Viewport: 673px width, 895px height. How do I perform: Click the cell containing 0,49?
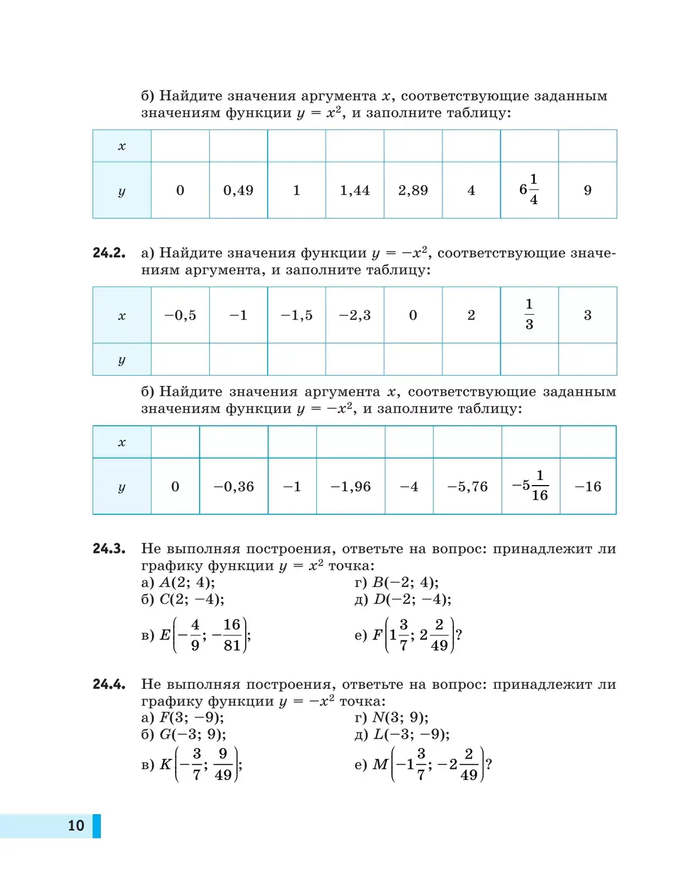tap(238, 191)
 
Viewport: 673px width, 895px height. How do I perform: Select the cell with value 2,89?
tap(413, 191)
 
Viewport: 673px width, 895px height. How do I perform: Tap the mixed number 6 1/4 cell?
tap(529, 190)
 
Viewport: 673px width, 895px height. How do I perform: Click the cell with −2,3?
tap(354, 315)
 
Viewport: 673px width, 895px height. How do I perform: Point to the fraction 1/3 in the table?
tap(529, 315)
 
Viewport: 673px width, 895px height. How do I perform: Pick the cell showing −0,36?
tap(234, 487)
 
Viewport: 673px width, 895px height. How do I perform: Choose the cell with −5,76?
tap(467, 487)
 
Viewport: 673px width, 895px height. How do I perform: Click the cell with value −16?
tap(588, 487)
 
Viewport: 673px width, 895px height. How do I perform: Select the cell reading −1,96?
tap(351, 487)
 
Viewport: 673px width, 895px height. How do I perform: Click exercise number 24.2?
tap(109, 253)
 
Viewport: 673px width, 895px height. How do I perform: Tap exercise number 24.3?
tap(109, 548)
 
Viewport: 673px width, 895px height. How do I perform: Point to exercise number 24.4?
tap(109, 684)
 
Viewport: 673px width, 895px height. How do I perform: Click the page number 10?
tap(76, 825)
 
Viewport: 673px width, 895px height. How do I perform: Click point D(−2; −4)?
tap(412, 599)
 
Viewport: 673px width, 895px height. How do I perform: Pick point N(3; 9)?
tap(400, 718)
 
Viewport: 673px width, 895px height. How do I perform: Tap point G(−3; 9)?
tap(192, 735)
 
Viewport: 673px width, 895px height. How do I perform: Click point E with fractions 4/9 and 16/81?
tap(205, 635)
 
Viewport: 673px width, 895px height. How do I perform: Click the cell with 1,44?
tap(354, 191)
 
